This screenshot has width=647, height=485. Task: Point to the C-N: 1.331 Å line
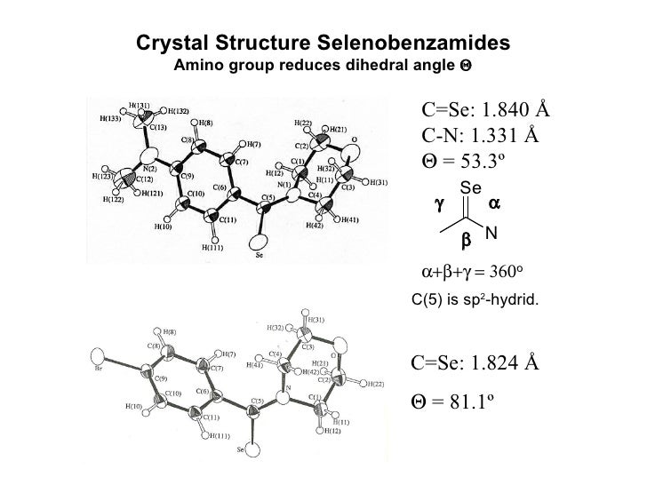coord(480,135)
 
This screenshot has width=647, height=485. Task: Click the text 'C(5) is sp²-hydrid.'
coord(475,301)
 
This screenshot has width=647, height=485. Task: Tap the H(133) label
coord(108,119)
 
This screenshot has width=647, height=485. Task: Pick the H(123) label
coord(107,176)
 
